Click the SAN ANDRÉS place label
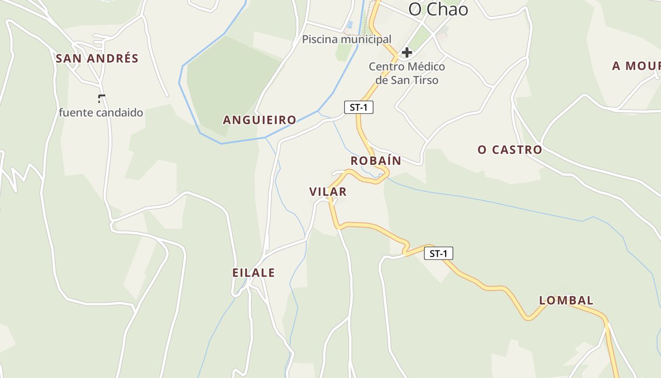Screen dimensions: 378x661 pyautogui.click(x=97, y=59)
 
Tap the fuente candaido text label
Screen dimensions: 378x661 pyautogui.click(x=101, y=113)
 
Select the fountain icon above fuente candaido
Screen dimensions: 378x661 pyautogui.click(x=101, y=98)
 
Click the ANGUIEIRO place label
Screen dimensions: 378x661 pyautogui.click(x=259, y=120)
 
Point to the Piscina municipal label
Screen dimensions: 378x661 pyautogui.click(x=347, y=39)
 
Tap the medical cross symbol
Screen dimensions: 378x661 pyautogui.click(x=407, y=52)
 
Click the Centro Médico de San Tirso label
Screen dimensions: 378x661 pyautogui.click(x=407, y=73)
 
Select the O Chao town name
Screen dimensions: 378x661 pyautogui.click(x=438, y=9)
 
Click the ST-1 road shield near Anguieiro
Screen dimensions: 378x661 pyautogui.click(x=359, y=108)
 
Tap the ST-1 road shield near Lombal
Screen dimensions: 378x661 pyautogui.click(x=439, y=254)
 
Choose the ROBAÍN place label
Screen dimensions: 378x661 pyautogui.click(x=376, y=161)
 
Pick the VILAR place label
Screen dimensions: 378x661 pyautogui.click(x=328, y=192)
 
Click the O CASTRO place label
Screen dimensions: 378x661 pyautogui.click(x=509, y=150)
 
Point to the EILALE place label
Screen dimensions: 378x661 pyautogui.click(x=254, y=273)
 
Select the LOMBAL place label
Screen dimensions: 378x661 pyautogui.click(x=566, y=301)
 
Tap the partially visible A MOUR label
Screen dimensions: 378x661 pyautogui.click(x=636, y=66)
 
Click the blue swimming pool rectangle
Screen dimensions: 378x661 pyautogui.click(x=350, y=24)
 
